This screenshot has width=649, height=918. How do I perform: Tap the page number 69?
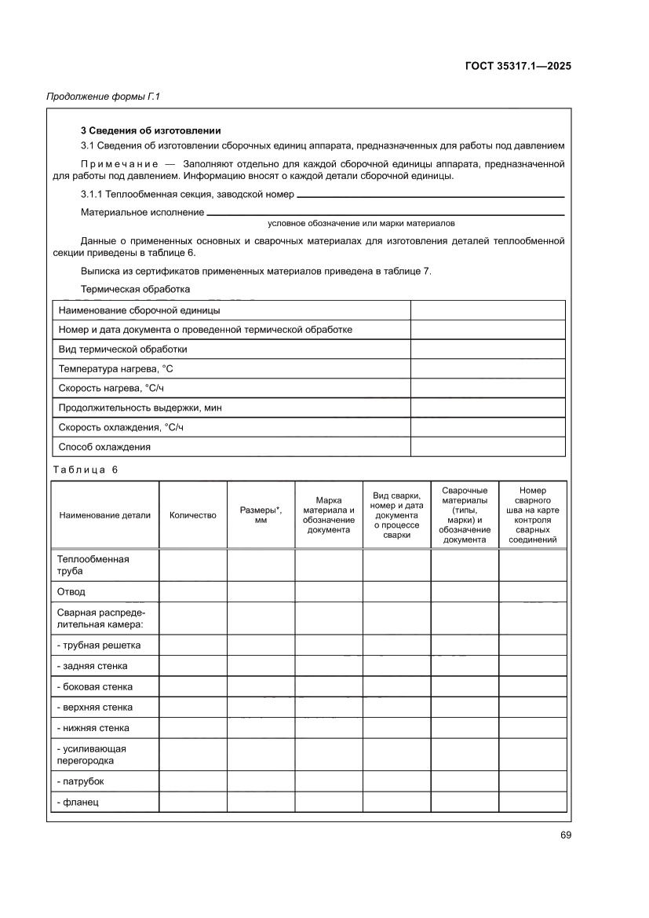click(565, 835)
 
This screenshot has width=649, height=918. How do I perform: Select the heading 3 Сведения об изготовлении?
click(151, 130)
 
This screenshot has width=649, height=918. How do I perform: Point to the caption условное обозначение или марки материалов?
click(361, 223)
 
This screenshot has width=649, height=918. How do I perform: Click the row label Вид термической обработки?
click(123, 349)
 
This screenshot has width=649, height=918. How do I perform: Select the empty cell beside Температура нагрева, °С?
click(487, 368)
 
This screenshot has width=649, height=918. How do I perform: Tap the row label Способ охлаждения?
click(104, 447)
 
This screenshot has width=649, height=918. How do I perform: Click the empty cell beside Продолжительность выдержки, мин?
click(487, 408)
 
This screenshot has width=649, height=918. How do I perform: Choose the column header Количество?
click(192, 515)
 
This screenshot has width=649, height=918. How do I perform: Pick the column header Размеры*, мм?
click(261, 514)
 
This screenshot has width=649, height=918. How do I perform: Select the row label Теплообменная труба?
click(93, 565)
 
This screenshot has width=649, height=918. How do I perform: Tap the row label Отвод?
click(71, 591)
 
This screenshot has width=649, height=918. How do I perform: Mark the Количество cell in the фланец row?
click(192, 802)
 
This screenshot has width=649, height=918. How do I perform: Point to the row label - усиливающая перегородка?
click(92, 754)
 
